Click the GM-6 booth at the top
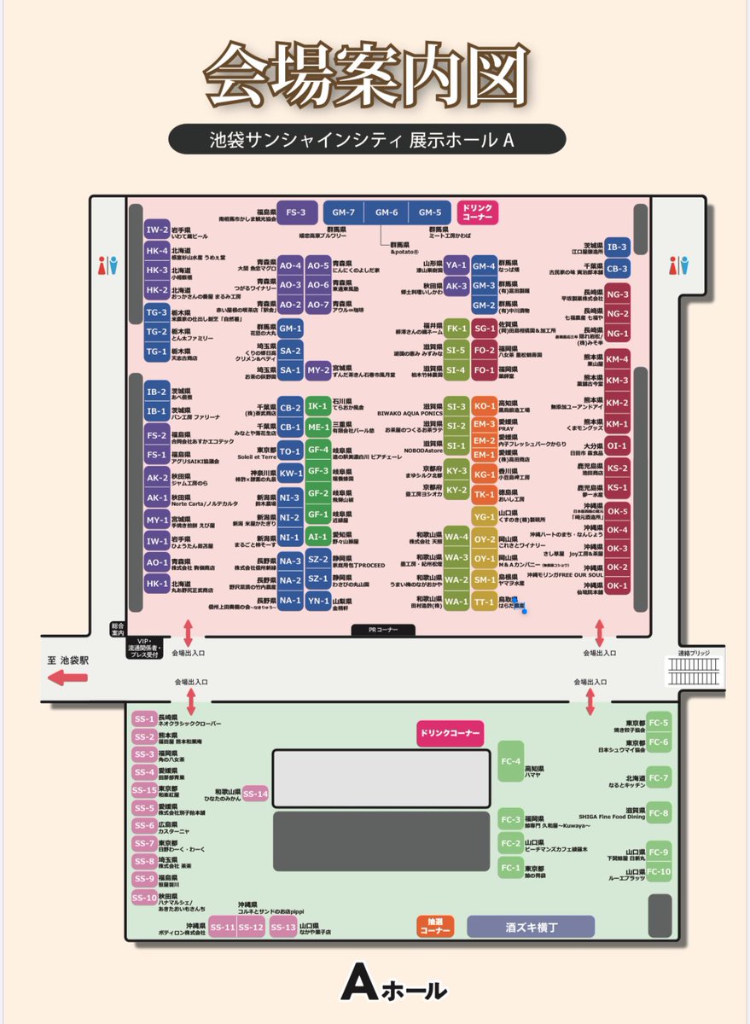click(x=387, y=212)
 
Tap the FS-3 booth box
click(x=295, y=212)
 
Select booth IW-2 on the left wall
click(x=157, y=230)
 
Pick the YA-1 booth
click(x=456, y=265)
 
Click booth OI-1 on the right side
click(x=618, y=445)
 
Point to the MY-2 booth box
click(x=318, y=369)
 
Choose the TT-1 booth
click(x=485, y=601)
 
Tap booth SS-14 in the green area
click(x=255, y=794)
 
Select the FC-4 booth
click(x=511, y=761)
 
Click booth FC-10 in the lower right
click(x=660, y=871)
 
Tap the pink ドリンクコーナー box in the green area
click(x=450, y=732)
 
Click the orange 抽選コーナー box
click(x=435, y=927)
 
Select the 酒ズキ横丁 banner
click(x=531, y=927)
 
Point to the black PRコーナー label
click(x=383, y=630)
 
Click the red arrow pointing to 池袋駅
click(x=69, y=678)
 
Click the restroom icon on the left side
click(x=108, y=265)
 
